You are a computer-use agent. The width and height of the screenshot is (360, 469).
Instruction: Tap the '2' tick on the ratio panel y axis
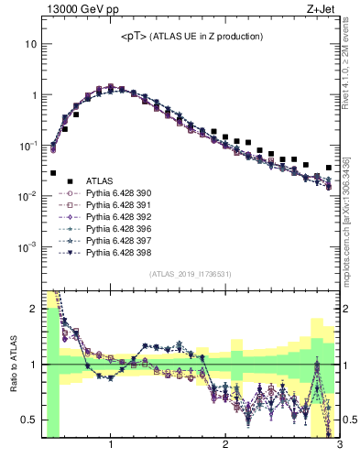click(x=33, y=309)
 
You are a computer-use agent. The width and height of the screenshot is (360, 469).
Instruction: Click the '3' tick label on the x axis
click(x=339, y=446)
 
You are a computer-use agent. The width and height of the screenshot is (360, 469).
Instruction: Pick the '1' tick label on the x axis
click(x=111, y=446)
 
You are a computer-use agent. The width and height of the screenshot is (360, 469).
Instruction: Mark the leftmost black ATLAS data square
click(x=53, y=173)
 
